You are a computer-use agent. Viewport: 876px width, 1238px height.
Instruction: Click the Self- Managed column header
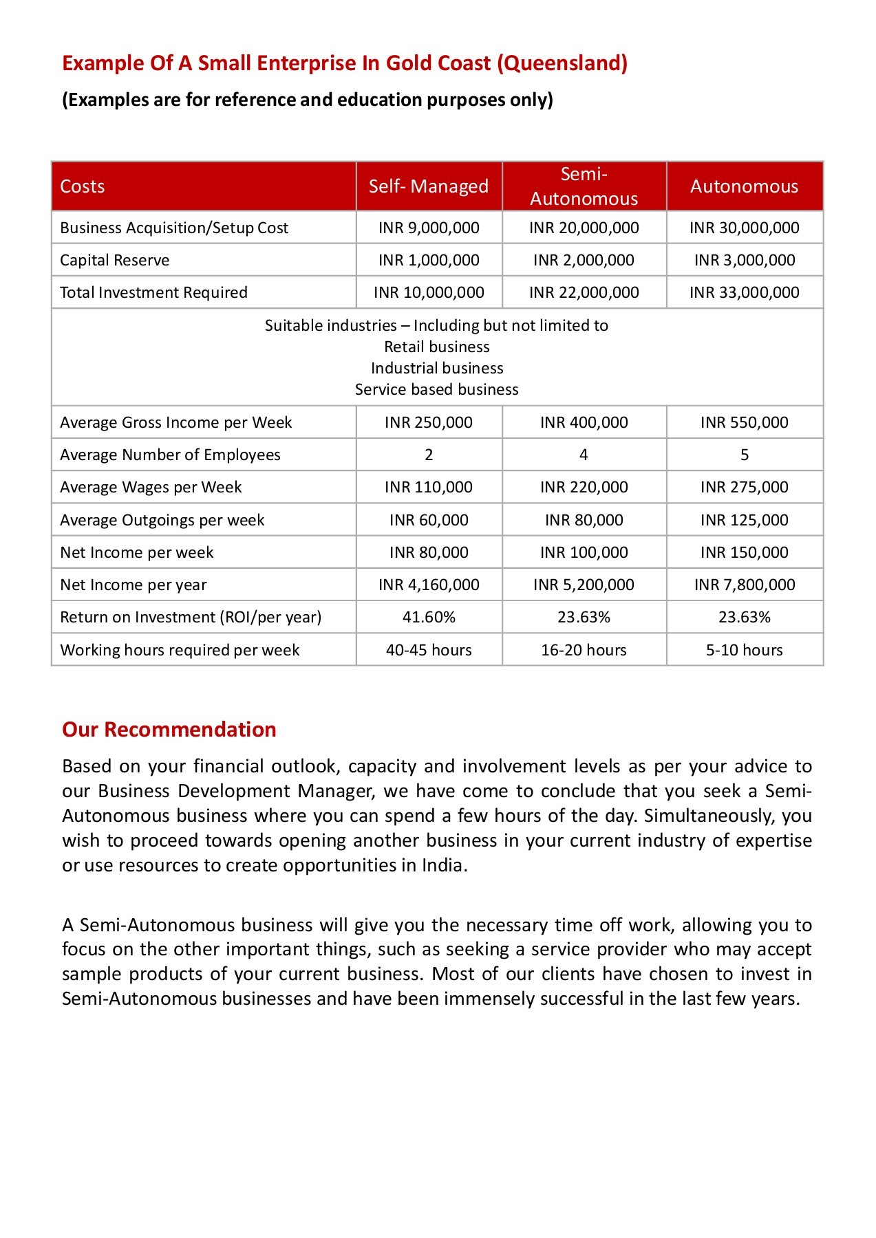428,186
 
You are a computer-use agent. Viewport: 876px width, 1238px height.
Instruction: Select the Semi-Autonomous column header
584,186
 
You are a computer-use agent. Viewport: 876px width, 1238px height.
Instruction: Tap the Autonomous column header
744,186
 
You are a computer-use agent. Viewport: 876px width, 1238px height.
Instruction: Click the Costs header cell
83,186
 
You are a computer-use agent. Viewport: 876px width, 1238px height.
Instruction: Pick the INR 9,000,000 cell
428,228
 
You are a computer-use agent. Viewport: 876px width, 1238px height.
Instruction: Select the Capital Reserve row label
115,260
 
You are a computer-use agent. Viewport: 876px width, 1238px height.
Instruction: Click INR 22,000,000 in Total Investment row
584,292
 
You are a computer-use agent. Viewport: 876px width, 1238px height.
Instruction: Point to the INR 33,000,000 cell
744,292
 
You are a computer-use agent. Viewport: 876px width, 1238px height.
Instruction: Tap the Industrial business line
437,368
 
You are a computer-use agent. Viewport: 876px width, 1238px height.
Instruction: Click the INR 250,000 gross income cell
428,422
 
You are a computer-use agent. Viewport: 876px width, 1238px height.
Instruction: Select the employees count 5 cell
744,455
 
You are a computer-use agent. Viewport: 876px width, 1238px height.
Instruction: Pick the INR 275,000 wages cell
744,487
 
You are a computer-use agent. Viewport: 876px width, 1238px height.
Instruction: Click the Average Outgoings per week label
162,520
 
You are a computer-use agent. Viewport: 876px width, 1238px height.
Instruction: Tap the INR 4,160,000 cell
428,585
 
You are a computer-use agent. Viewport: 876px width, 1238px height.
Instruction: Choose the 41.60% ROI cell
428,617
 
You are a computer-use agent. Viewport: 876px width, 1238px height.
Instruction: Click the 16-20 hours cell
584,650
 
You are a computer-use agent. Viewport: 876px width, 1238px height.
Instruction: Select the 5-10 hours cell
744,650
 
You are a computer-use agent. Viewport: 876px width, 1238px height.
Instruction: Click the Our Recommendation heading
169,729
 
